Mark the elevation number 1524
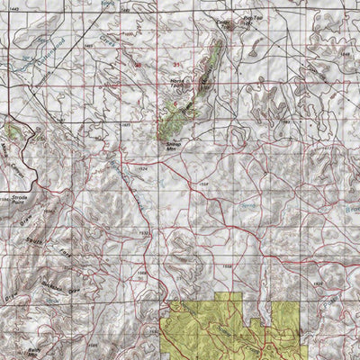pos(140,168)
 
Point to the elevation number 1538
pos(203,185)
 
